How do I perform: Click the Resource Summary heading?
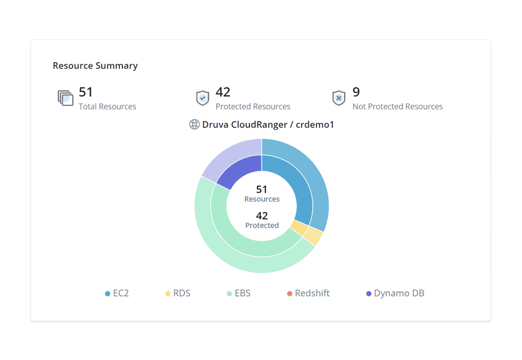point(95,66)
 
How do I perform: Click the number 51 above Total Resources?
point(86,92)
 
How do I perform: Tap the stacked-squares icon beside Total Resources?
point(65,98)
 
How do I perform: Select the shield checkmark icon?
point(202,98)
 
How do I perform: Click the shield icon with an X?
point(338,98)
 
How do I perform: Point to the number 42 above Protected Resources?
point(223,92)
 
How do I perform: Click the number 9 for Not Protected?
point(356,92)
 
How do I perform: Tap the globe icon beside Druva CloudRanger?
point(194,124)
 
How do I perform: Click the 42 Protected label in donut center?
point(262,220)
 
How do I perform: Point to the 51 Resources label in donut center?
point(262,194)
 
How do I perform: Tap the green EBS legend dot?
point(229,294)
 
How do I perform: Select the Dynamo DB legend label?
point(399,293)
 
